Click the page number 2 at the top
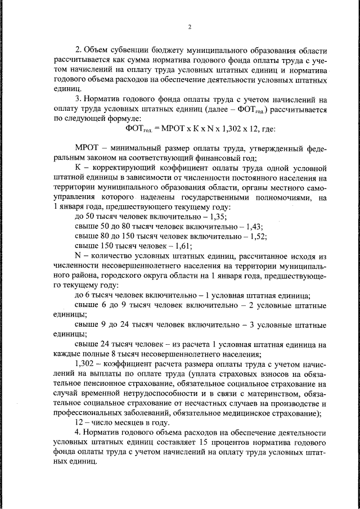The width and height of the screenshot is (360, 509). (x=190, y=27)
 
